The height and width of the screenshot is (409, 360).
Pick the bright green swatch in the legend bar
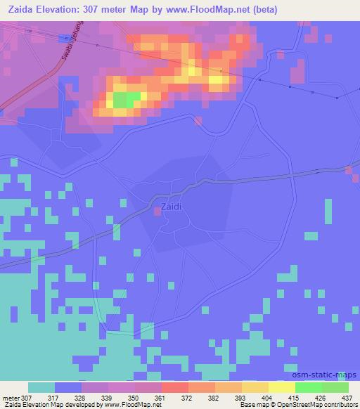308,387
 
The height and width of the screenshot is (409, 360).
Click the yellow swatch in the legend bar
281,387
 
